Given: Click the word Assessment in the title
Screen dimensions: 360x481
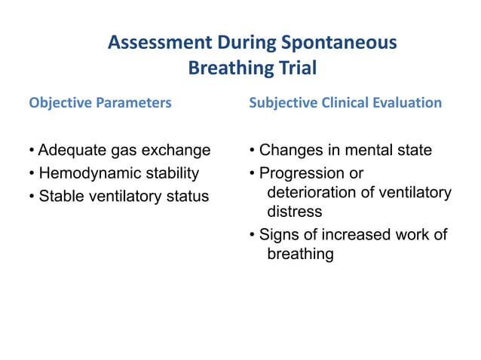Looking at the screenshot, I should [159, 42].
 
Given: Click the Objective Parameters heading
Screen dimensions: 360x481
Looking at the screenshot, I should [100, 102].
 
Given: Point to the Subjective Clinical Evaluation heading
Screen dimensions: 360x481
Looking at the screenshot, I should [345, 102].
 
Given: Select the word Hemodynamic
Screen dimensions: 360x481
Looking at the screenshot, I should [90, 173].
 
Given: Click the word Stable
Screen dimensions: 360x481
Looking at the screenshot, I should [60, 197].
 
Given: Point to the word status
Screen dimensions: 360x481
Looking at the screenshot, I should [184, 197].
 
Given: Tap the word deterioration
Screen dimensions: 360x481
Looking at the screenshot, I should [311, 193].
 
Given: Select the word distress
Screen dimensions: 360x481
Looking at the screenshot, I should [295, 212].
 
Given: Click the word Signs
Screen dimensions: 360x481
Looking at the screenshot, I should [278, 235].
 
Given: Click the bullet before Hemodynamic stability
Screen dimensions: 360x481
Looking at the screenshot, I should [31, 174].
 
